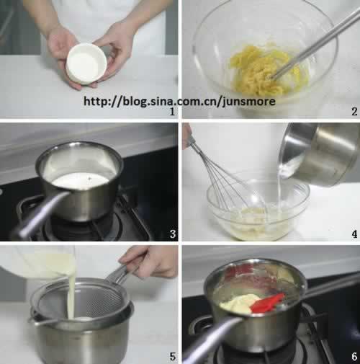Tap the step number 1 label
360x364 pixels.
point(172,112)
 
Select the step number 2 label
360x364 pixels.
point(354,112)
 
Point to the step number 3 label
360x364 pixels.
point(173,234)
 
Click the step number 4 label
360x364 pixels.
point(354,234)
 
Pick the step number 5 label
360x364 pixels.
point(173,357)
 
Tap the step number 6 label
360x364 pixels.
point(354,357)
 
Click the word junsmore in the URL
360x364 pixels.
point(248,102)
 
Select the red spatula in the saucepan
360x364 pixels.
point(268,303)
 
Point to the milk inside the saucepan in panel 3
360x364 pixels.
point(81,181)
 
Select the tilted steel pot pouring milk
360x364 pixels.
point(319,154)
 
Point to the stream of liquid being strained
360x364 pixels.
point(71,298)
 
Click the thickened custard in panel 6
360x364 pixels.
point(239,303)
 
